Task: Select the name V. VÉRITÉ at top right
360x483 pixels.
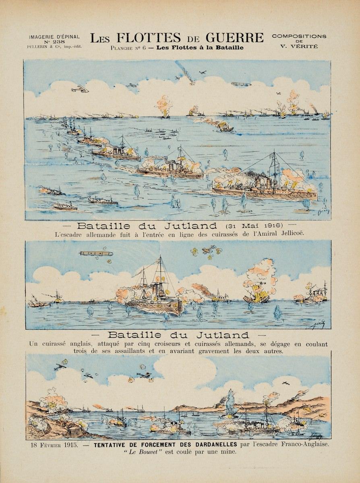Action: point(299,46)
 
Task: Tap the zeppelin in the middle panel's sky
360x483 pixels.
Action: point(96,254)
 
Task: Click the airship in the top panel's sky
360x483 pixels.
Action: point(241,84)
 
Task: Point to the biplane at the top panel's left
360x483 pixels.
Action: point(80,89)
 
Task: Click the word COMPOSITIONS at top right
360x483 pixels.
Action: point(299,36)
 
